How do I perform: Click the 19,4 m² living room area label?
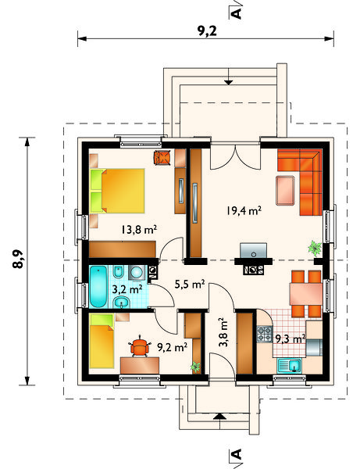click(x=244, y=210)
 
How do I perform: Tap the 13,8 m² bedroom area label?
click(x=139, y=229)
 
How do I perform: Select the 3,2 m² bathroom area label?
click(x=127, y=289)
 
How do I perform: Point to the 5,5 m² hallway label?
click(x=190, y=284)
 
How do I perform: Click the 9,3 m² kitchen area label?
click(x=290, y=338)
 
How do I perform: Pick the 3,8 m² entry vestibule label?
click(x=223, y=332)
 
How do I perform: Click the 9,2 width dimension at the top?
click(x=207, y=30)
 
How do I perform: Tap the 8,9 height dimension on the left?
click(x=18, y=259)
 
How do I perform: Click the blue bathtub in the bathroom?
click(x=98, y=287)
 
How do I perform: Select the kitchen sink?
click(x=290, y=366)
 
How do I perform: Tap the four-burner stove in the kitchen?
click(x=265, y=334)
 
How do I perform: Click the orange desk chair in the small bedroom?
click(x=140, y=346)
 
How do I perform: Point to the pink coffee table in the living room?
click(x=285, y=191)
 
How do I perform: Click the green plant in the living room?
click(x=315, y=248)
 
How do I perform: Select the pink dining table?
click(x=306, y=294)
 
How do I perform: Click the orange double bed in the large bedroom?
click(x=117, y=191)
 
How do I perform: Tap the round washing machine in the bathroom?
click(x=137, y=273)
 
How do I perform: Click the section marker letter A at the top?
click(x=236, y=13)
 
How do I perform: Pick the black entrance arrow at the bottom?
click(x=220, y=417)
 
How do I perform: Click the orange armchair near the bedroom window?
click(x=162, y=157)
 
